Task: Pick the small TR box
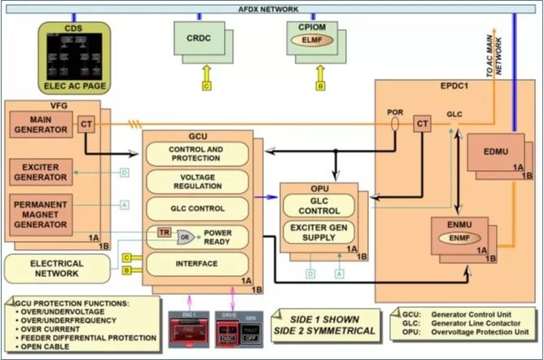(x=164, y=233)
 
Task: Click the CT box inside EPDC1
(x=422, y=124)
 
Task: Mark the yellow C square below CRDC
(x=207, y=84)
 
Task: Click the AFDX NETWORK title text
(x=272, y=9)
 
